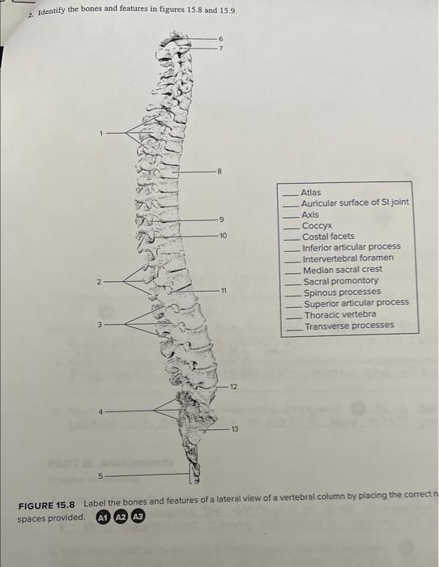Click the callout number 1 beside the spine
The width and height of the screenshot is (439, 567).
(x=102, y=133)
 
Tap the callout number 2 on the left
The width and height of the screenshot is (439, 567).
(x=97, y=282)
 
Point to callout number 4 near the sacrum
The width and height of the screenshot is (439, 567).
(x=100, y=411)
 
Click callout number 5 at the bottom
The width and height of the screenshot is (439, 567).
(x=102, y=475)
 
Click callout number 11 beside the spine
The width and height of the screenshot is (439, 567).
(x=224, y=290)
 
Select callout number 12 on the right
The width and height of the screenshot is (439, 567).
(x=234, y=387)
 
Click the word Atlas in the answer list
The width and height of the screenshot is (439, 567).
(x=311, y=192)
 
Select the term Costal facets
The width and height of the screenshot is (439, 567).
(x=328, y=236)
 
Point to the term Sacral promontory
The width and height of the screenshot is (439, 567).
(x=341, y=280)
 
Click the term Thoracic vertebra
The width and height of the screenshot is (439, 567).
(x=339, y=314)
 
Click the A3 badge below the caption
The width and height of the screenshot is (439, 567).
(x=139, y=517)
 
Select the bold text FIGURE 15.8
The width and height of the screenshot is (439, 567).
(x=48, y=505)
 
